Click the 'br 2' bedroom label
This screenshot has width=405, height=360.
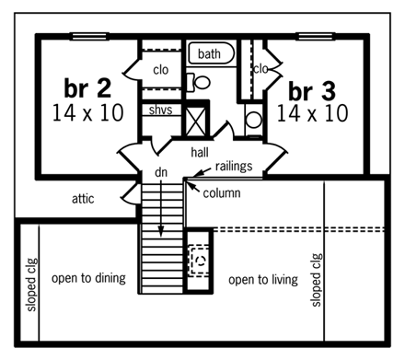tap(87, 87)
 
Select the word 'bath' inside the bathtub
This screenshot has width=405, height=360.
tap(210, 55)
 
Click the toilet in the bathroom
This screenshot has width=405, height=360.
tap(202, 83)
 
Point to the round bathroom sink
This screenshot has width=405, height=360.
tap(253, 118)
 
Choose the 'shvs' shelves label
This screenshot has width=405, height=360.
tap(162, 110)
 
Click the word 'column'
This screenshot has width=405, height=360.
tap(222, 193)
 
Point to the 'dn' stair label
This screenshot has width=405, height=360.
tap(159, 173)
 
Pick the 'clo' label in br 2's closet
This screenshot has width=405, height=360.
tap(162, 68)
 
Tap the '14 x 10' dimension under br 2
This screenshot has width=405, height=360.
tap(87, 114)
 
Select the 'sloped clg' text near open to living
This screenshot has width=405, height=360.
tap(318, 281)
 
